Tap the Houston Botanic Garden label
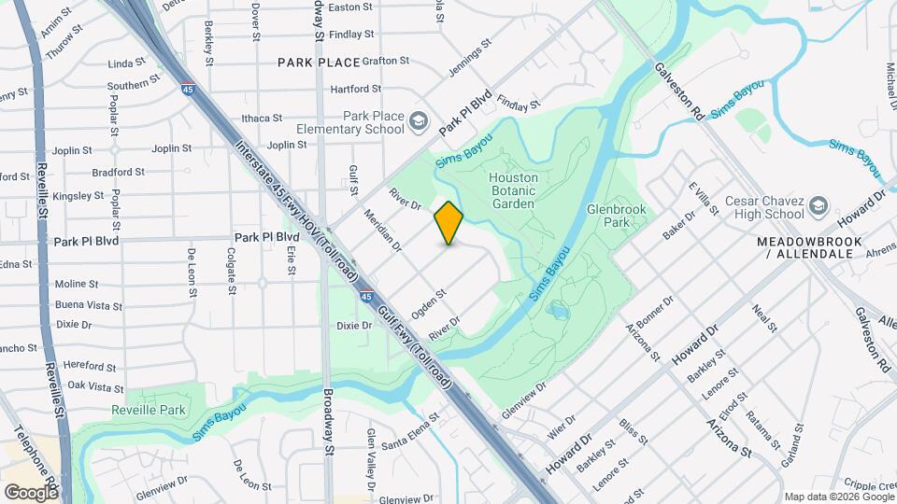click(513, 190)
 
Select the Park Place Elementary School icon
click(418, 120)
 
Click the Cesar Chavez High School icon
click(819, 205)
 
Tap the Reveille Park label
click(149, 410)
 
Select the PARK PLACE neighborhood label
click(319, 62)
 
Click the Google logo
click(30, 492)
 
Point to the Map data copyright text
click(835, 496)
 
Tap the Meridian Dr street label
click(383, 231)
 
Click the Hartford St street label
click(355, 89)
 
